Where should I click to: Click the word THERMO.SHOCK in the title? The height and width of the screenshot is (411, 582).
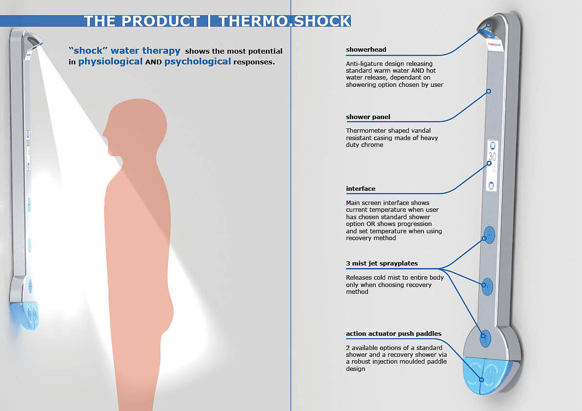[284, 21]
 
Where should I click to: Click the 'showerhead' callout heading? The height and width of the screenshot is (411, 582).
[366, 50]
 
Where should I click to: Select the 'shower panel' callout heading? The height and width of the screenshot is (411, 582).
[368, 117]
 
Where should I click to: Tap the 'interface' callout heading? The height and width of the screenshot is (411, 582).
[361, 188]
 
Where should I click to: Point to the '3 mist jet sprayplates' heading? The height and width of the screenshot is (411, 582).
[382, 264]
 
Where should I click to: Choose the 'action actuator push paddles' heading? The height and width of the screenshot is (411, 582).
[393, 334]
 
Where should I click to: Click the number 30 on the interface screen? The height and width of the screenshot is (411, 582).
[492, 157]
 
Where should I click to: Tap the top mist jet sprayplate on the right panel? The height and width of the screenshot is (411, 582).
[488, 234]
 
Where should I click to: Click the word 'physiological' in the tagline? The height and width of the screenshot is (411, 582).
[110, 62]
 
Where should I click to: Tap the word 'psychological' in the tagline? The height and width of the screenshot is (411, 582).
[197, 62]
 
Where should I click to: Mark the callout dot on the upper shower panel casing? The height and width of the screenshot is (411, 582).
[488, 91]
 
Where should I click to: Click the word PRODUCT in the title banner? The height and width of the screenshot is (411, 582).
[160, 21]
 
